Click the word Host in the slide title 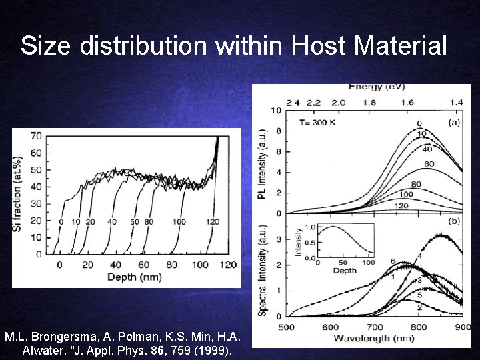317,47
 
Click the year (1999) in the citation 211,350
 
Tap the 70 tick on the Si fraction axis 36,137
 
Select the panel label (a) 453,123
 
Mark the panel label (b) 453,221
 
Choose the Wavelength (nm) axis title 375,339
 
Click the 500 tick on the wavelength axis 286,327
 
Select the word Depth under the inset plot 345,271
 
